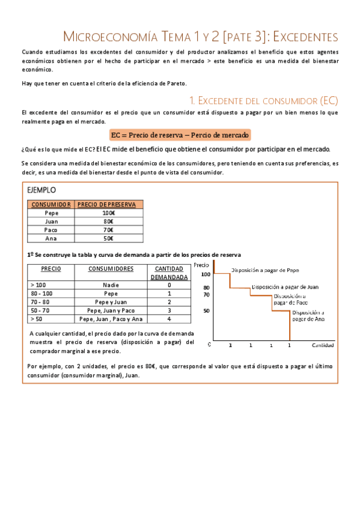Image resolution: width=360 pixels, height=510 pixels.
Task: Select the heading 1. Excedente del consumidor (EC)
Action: tap(264, 99)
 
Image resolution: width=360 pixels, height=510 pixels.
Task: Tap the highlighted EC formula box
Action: tap(180, 135)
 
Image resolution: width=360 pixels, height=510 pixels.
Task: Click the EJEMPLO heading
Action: tap(42, 189)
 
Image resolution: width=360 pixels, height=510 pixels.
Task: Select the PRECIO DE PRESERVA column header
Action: tap(109, 204)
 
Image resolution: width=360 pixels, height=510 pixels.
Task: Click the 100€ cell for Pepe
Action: tap(109, 213)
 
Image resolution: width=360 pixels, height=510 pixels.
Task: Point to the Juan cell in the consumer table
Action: tap(52, 221)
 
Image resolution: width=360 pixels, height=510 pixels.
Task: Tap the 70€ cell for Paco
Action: tap(109, 230)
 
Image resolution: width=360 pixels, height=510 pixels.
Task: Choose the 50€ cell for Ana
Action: tap(109, 238)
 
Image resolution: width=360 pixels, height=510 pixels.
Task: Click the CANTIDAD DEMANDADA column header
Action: tap(169, 272)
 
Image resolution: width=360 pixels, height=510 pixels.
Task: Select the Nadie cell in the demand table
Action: tap(111, 285)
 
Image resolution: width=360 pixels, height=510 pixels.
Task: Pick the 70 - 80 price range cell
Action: tap(40, 302)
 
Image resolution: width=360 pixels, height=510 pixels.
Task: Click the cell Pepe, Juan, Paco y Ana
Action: tap(111, 319)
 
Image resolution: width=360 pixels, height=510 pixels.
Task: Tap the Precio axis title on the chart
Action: tap(202, 265)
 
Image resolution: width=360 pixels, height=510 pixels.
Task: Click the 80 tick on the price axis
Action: tap(206, 287)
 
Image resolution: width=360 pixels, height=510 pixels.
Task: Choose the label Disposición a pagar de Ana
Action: tap(308, 316)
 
